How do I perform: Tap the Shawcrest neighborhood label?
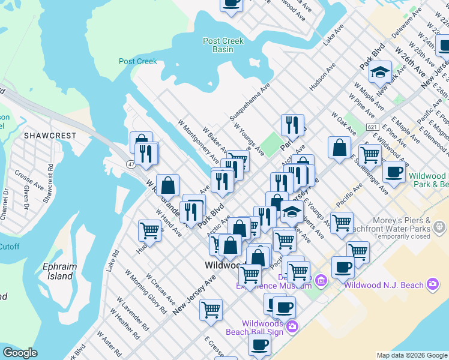(x=50, y=136)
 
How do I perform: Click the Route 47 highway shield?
(x=130, y=163)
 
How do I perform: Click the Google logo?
(x=20, y=353)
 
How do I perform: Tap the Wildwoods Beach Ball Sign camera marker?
(x=292, y=326)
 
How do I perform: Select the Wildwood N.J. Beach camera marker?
(x=432, y=285)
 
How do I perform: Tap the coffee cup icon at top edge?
(x=231, y=3)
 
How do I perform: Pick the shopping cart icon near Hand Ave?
(x=149, y=230)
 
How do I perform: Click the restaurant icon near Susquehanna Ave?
(x=292, y=125)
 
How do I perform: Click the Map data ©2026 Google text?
(x=412, y=355)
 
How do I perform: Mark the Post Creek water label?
(x=137, y=61)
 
